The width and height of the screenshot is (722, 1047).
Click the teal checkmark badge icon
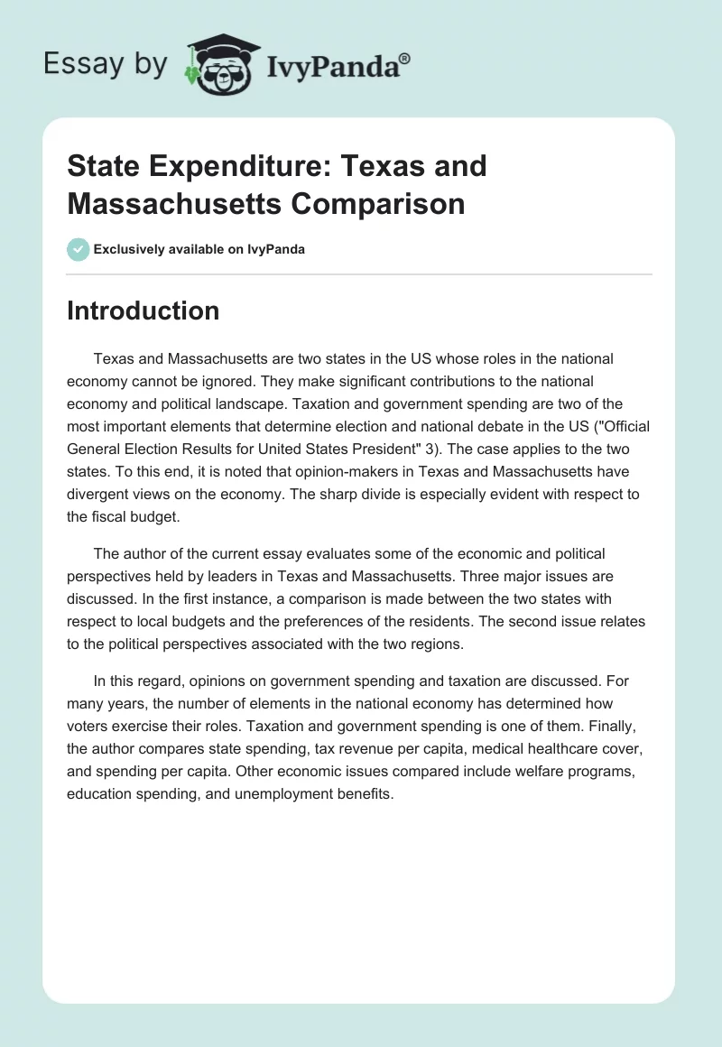click(79, 249)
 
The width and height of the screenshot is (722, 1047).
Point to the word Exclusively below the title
click(127, 249)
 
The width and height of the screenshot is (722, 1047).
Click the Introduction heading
click(143, 310)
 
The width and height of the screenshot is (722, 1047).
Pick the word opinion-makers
click(319, 471)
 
